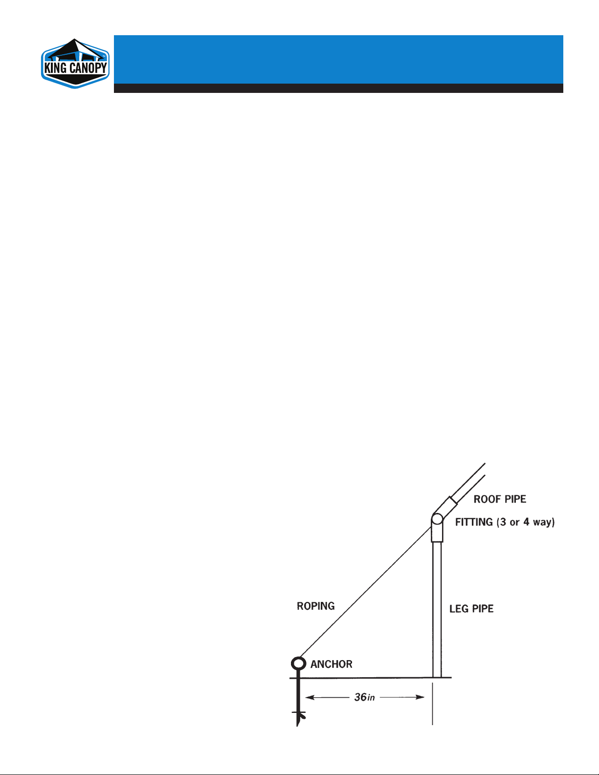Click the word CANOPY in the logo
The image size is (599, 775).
pos(88,68)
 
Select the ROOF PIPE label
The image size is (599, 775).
pos(500,499)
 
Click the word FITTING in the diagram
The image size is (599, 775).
pos(474,522)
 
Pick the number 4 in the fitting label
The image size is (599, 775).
pos(526,522)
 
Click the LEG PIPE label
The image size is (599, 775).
pos(471,609)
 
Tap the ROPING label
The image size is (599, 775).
pos(316,606)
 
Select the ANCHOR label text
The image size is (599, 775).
pos(332,664)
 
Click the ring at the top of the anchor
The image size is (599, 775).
pos(298,664)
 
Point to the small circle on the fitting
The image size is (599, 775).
pos(437,519)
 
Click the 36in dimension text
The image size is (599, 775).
pos(364,697)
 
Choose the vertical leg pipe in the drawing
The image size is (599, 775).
pos(437,611)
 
